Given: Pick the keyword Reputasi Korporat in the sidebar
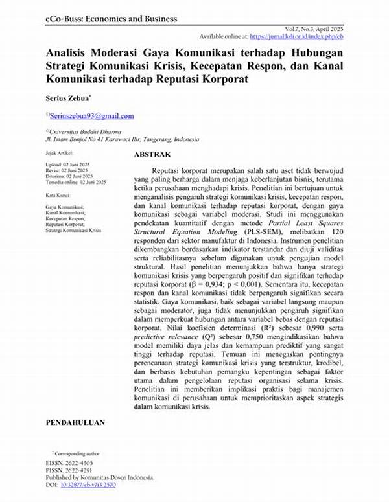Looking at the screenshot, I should [x=69, y=225].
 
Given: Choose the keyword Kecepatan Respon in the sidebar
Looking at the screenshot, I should [x=69, y=219].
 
